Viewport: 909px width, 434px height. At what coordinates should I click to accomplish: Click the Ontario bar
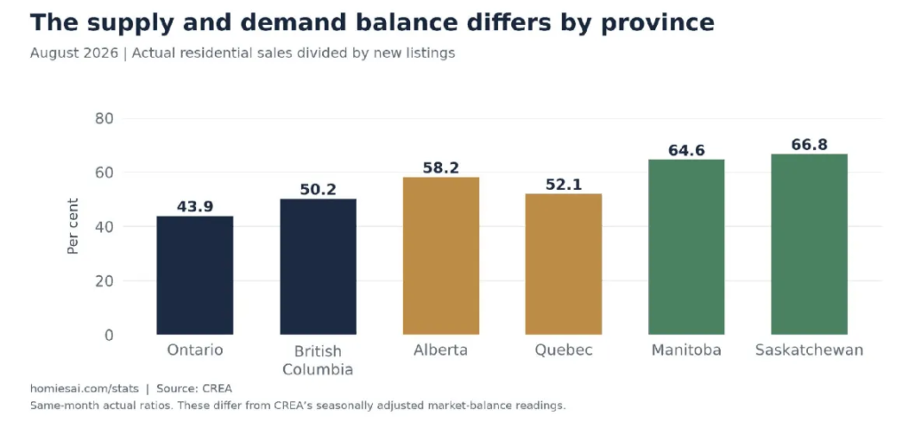click(x=194, y=275)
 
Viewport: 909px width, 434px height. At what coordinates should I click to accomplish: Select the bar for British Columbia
click(x=318, y=266)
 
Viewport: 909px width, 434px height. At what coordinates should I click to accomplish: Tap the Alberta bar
click(x=441, y=256)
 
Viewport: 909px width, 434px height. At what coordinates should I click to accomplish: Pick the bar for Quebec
click(x=564, y=264)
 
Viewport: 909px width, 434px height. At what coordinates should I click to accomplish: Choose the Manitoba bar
click(x=686, y=247)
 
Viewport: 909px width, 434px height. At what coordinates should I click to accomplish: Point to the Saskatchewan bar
click(x=810, y=244)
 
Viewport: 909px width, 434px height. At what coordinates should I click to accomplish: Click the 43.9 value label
click(x=194, y=206)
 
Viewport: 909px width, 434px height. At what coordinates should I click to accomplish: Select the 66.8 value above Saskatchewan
click(x=810, y=145)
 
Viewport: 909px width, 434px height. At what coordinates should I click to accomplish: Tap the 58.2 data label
click(x=441, y=168)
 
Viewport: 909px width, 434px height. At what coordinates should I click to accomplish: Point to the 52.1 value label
click(x=564, y=185)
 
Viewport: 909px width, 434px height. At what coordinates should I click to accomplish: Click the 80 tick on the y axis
click(x=103, y=119)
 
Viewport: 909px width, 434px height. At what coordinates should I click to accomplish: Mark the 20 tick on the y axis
click(x=103, y=281)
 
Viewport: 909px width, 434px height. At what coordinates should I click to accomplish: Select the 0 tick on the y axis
click(x=107, y=335)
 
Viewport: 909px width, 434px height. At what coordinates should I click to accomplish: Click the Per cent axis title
click(x=73, y=226)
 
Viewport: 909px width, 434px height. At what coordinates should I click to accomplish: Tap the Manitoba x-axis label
click(x=686, y=351)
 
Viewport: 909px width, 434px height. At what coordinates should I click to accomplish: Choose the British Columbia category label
click(x=318, y=359)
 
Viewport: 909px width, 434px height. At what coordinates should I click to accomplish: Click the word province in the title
click(x=657, y=24)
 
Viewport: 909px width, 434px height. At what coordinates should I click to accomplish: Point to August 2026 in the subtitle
click(x=75, y=53)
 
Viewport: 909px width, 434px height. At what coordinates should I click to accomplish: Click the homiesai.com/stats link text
click(x=84, y=389)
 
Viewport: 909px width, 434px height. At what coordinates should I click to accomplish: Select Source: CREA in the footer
click(x=194, y=389)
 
